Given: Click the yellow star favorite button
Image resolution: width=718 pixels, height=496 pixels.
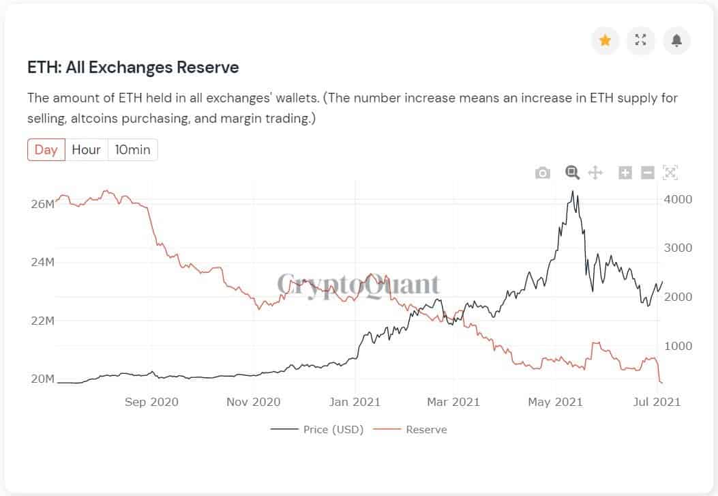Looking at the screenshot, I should pyautogui.click(x=605, y=40).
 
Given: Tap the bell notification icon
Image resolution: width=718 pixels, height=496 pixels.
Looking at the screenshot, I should pyautogui.click(x=676, y=40).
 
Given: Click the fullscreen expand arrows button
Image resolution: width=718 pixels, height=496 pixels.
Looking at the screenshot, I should pyautogui.click(x=640, y=40).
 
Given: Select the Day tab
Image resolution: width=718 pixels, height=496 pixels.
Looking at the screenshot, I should pyautogui.click(x=46, y=149).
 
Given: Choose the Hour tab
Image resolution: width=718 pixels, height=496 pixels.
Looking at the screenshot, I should pyautogui.click(x=86, y=149).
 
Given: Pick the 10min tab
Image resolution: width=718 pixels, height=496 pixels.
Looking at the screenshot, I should pyautogui.click(x=132, y=149).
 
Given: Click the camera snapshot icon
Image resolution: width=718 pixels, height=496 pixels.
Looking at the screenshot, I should pyautogui.click(x=542, y=173).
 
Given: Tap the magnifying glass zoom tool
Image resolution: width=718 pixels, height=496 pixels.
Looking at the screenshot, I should pyautogui.click(x=572, y=172).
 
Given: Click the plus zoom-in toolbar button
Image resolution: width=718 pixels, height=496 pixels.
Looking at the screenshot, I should pyautogui.click(x=625, y=173).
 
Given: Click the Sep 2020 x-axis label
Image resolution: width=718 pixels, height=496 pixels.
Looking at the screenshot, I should pyautogui.click(x=151, y=402).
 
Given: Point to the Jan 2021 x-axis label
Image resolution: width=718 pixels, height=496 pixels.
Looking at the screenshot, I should pyautogui.click(x=355, y=402).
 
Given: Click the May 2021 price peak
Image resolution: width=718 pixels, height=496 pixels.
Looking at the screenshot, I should pyautogui.click(x=573, y=192).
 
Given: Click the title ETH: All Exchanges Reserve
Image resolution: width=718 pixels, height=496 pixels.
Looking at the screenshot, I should pyautogui.click(x=133, y=68).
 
